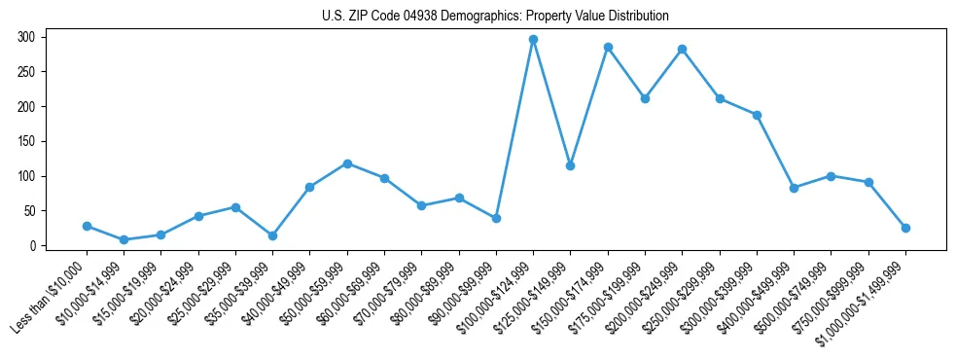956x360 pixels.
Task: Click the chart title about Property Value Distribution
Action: pyautogui.click(x=495, y=16)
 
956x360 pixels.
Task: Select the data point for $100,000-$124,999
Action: pyautogui.click(x=533, y=40)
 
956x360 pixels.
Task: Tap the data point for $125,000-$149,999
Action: pyautogui.click(x=570, y=165)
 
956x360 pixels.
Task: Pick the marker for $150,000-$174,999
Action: pyautogui.click(x=608, y=47)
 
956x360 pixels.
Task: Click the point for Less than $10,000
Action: pyautogui.click(x=87, y=226)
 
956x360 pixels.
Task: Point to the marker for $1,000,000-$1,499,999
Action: pyautogui.click(x=905, y=228)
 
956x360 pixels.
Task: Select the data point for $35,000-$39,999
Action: pyautogui.click(x=272, y=235)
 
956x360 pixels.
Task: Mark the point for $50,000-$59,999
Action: pyautogui.click(x=347, y=163)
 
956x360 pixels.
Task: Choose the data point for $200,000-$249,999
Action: pyautogui.click(x=682, y=49)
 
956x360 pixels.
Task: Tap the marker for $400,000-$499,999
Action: pyautogui.click(x=794, y=188)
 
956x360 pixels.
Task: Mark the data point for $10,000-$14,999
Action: pyautogui.click(x=124, y=239)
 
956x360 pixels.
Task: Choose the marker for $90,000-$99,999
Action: pyautogui.click(x=496, y=218)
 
